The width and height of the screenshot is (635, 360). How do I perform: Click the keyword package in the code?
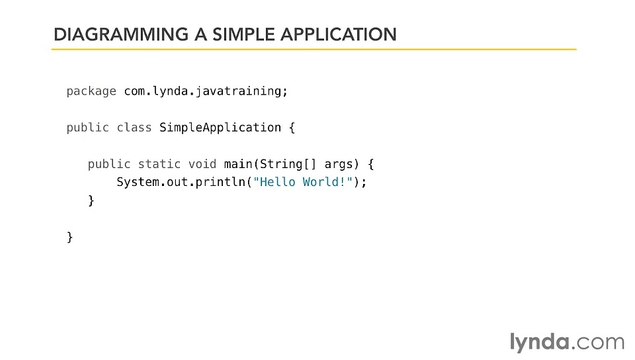point(91,91)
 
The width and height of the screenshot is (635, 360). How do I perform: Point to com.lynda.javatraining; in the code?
point(205,91)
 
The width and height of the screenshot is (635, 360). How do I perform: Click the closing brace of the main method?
point(91,201)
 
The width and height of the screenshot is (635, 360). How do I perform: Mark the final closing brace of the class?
point(69,237)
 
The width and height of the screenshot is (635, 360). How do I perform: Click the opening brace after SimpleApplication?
point(292,128)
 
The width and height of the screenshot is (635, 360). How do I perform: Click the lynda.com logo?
point(565,318)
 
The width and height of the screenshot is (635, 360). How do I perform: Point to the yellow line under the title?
point(314,48)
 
